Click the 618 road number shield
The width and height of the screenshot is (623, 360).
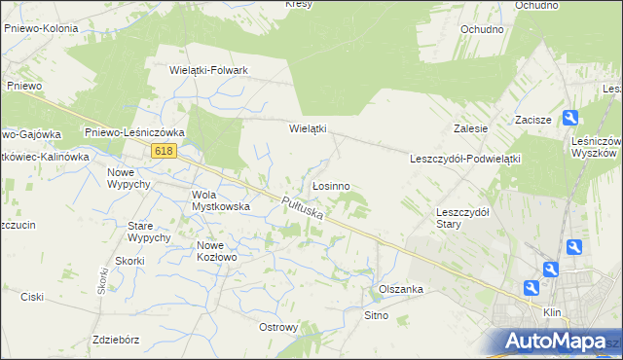point(164,150)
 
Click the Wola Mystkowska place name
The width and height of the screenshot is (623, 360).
point(221,199)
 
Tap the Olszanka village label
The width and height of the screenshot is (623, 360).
point(400,289)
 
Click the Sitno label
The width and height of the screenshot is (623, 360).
point(376,315)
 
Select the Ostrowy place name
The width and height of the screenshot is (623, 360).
point(278,327)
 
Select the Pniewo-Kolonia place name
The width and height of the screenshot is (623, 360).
point(41,28)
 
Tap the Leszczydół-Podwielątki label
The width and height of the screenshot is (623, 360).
point(466,158)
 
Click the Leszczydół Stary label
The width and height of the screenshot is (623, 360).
point(462,217)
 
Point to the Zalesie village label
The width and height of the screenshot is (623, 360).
point(470,128)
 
